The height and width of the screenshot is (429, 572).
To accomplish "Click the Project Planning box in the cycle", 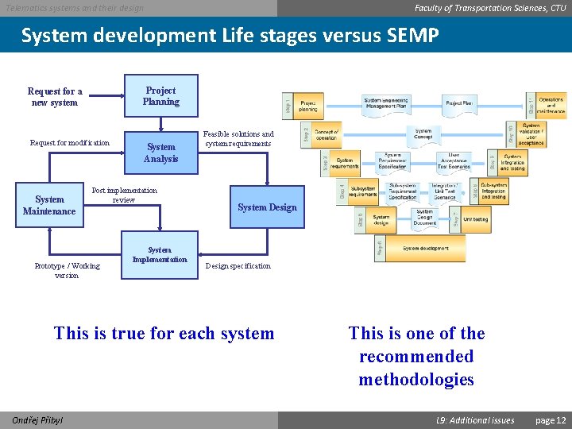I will tap(160, 96).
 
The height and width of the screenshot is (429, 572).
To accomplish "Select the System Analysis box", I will tap(160, 153).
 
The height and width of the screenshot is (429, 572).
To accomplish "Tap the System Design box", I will tap(267, 207).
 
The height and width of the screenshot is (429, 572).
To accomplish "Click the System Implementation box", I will tap(160, 256).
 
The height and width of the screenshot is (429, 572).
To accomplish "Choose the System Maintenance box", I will tap(49, 206).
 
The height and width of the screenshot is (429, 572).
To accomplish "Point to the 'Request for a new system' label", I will tap(55, 97).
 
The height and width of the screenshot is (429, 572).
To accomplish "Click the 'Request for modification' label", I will tap(70, 143).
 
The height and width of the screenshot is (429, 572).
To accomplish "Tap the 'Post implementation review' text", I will tap(124, 195).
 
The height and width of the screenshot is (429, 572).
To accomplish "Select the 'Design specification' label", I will tap(238, 266).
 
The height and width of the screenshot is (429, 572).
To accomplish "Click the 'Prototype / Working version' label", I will tap(67, 271).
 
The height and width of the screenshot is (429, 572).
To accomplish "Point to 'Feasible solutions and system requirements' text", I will tap(238, 139).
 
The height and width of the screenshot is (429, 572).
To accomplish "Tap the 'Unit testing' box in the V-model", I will tap(475, 219).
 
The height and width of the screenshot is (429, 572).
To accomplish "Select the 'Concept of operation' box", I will tap(327, 134).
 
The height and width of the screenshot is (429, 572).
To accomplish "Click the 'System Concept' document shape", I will tap(423, 134).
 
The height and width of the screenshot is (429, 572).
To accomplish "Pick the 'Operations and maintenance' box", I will tap(551, 105).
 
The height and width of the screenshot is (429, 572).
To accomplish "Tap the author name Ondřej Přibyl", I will tap(37, 420).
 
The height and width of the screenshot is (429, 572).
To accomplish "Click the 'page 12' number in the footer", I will tap(551, 420).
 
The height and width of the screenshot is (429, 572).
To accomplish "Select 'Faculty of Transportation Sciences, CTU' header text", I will tap(490, 8).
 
